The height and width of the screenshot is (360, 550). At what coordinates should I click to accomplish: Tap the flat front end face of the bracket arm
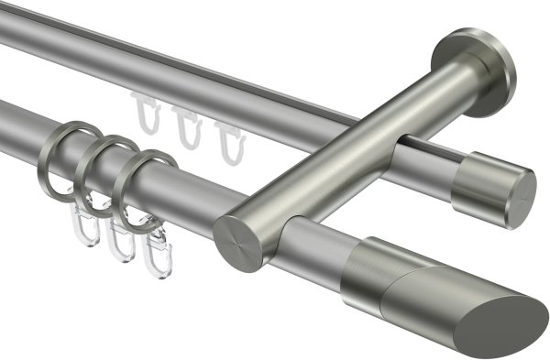[x=240, y=241]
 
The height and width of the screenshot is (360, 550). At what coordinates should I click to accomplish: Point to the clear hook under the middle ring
[x=118, y=240]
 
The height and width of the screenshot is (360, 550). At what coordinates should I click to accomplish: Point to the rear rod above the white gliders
[x=183, y=78]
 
